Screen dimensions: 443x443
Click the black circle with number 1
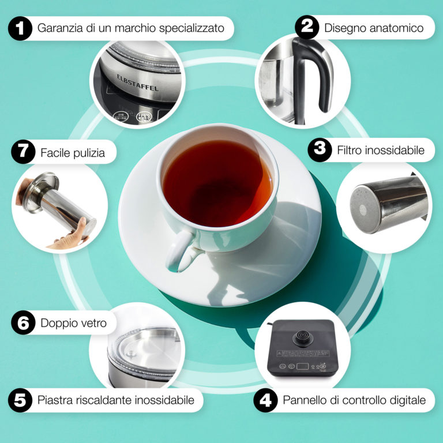pos(20,28)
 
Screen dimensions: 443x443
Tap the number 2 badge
pos(307,27)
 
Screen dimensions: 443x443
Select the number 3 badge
pos(320,150)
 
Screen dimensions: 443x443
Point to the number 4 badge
pos(265,400)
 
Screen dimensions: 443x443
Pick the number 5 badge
pos(20,400)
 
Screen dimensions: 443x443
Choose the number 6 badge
pos(23,322)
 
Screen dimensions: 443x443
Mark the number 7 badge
pos(23,152)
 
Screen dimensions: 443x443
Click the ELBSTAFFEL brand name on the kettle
pos(138,83)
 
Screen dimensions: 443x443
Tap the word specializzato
pos(192,28)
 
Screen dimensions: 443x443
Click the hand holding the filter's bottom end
pos(70,236)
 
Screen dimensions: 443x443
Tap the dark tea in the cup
pos(217,183)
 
